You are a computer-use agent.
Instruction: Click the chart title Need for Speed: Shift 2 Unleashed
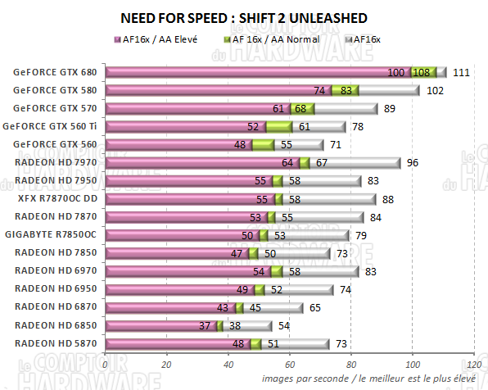(x=244, y=18)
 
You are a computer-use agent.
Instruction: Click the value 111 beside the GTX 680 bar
(x=460, y=72)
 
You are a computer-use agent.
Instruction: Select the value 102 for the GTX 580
(x=436, y=90)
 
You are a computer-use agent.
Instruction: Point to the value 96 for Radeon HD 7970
(x=413, y=162)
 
